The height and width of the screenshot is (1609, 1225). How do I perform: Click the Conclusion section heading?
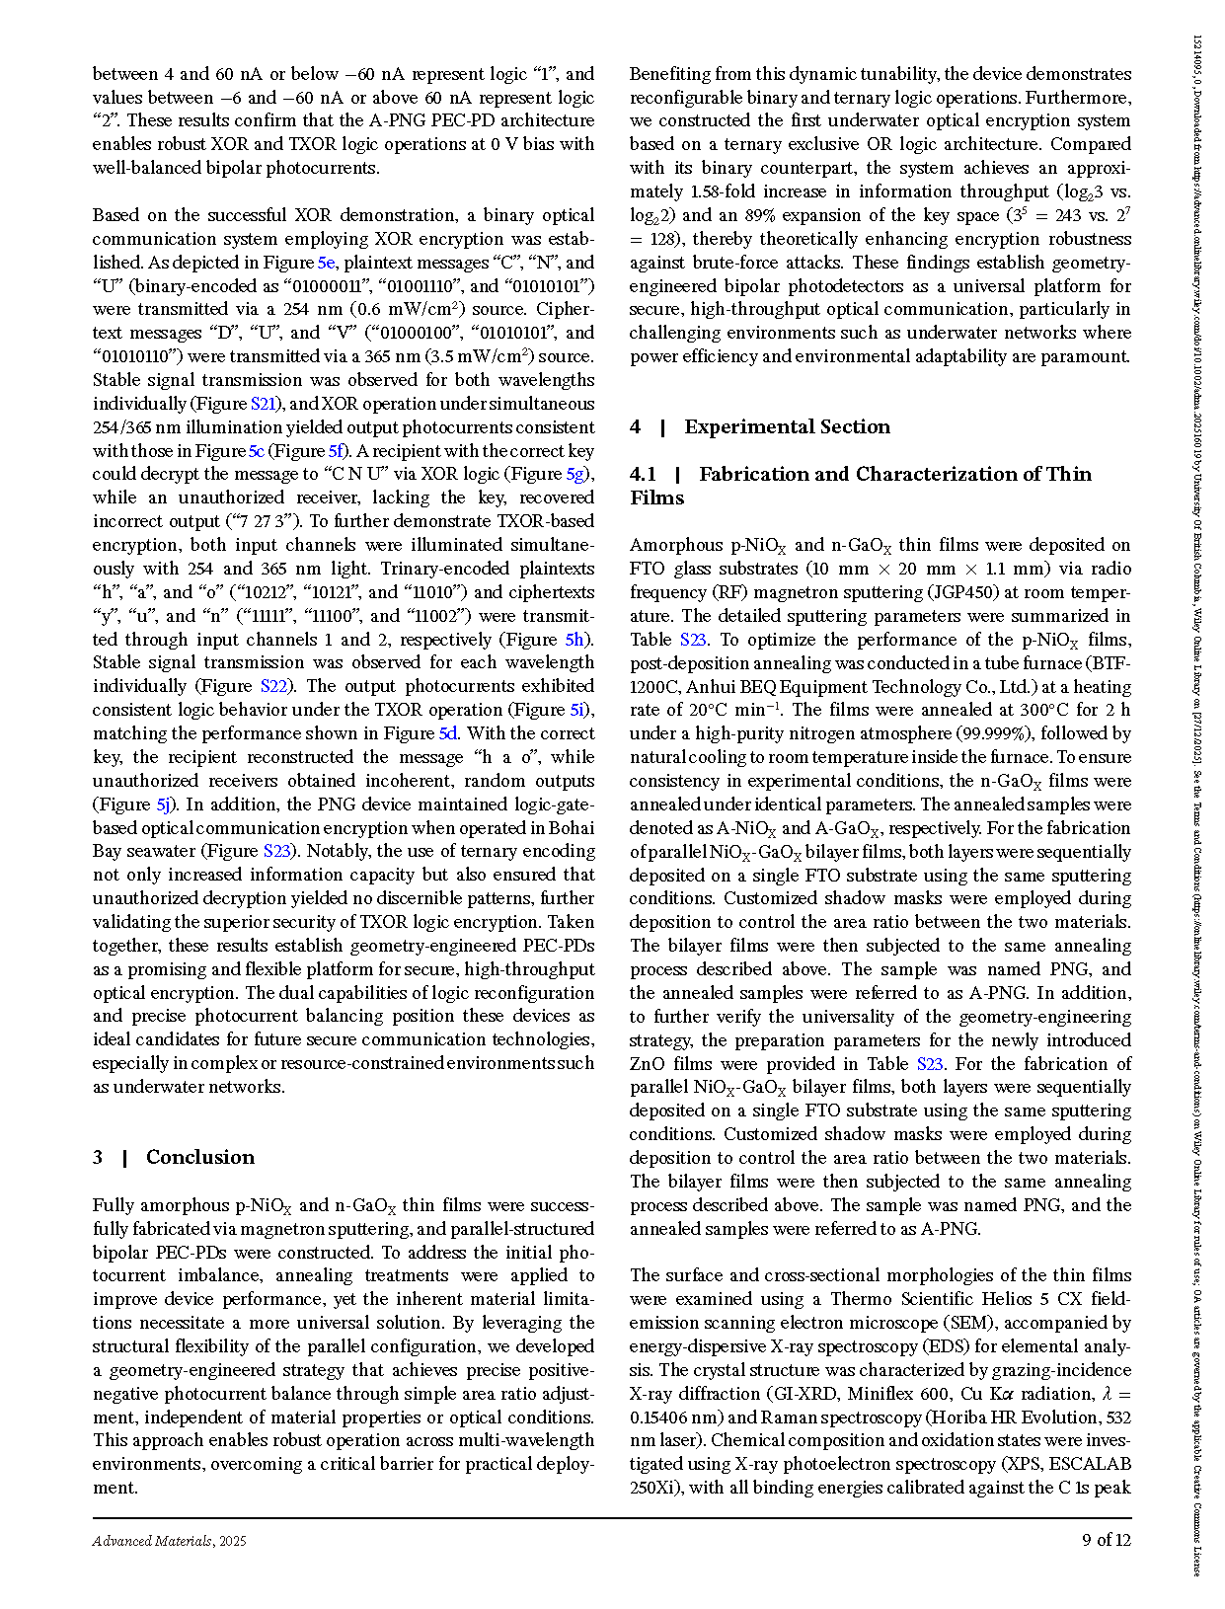199,1157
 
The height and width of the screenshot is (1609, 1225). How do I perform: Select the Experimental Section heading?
787,426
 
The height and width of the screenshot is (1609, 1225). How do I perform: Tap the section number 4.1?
643,474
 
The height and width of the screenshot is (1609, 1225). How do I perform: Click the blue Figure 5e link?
327,263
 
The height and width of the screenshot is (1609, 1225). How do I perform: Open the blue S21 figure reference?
264,404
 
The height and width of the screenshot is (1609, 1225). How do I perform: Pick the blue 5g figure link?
575,474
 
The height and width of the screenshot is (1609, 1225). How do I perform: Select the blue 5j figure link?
165,804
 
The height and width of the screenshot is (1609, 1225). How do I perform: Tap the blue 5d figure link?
448,733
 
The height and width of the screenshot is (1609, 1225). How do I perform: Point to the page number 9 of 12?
1107,1540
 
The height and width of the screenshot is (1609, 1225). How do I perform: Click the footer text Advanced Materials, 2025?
169,1541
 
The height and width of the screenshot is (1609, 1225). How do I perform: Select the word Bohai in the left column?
570,827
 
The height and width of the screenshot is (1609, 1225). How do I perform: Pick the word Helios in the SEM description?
981,1299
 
